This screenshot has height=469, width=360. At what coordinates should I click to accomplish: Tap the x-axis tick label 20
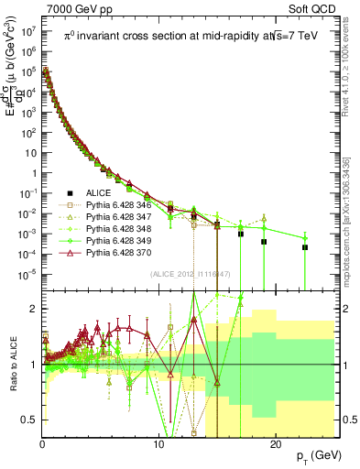pyautogui.click(x=275, y=442)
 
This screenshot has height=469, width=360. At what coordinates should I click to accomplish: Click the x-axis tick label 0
pyautogui.click(x=42, y=442)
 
